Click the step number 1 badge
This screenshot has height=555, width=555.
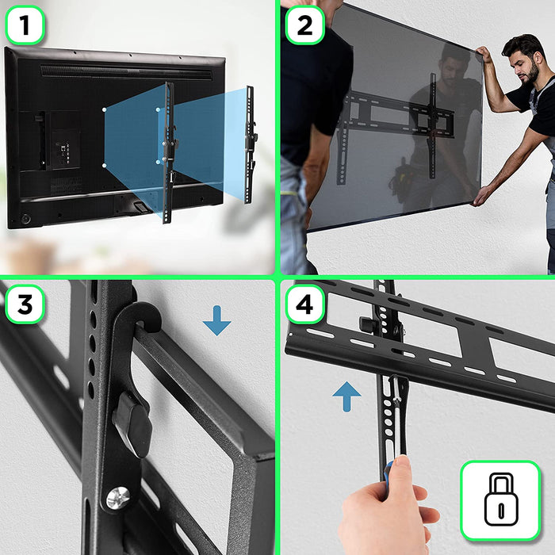[x=25, y=25]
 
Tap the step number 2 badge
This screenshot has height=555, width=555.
[x=304, y=25]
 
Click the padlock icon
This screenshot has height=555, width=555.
[x=500, y=501]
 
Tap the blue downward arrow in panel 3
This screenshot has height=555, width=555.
[x=216, y=320]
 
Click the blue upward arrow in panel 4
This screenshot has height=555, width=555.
[x=346, y=396]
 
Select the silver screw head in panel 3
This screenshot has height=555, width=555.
[x=117, y=497]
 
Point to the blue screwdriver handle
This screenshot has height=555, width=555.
[x=392, y=477]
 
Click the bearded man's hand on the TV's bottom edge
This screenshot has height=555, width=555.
[x=480, y=197]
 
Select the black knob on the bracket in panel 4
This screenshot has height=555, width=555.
[x=367, y=324]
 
